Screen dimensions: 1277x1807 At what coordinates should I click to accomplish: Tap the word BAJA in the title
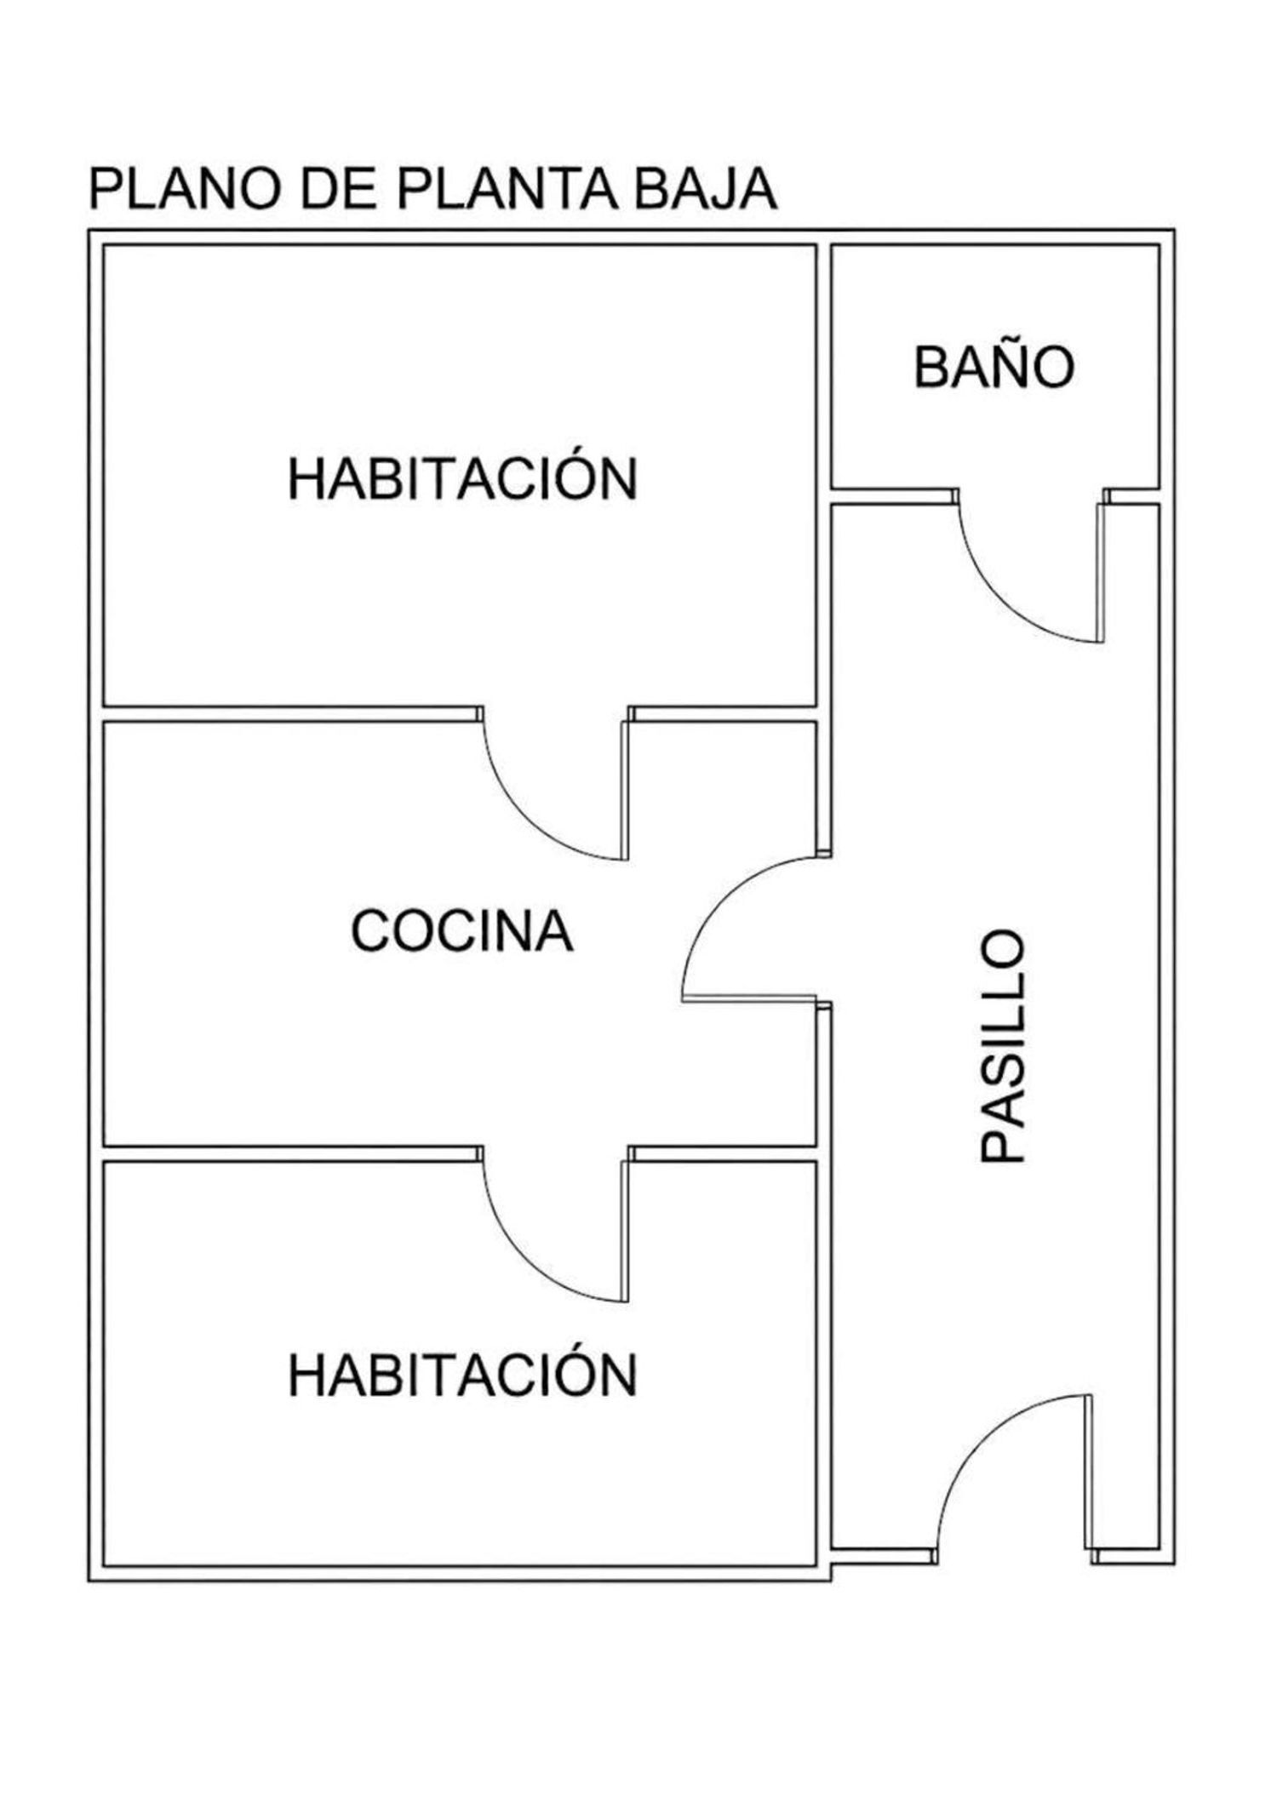click(706, 189)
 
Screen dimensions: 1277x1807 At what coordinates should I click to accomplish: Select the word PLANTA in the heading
click(507, 189)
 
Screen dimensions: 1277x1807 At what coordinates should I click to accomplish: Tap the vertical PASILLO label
click(1003, 1046)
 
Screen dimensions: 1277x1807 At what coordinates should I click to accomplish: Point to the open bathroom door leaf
click(1102, 573)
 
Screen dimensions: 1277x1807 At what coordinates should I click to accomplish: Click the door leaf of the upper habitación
click(627, 791)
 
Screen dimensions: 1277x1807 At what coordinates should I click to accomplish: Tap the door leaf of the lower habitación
click(627, 1232)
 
